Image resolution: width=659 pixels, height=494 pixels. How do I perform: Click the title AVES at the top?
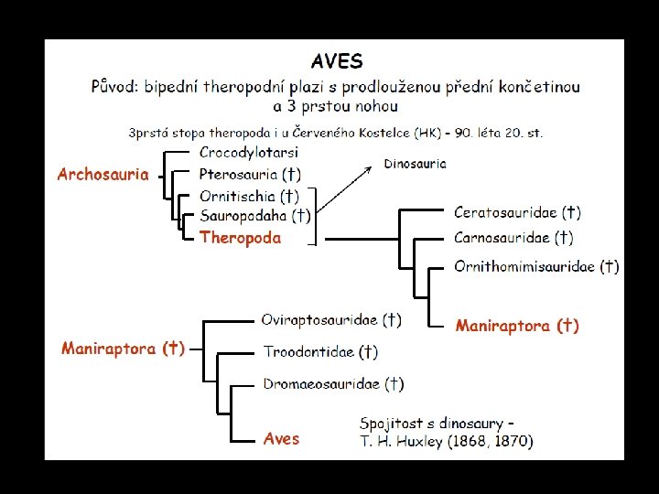[336, 62]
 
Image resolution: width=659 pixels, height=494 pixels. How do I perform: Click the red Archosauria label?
[103, 174]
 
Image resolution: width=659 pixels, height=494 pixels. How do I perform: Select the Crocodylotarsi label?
[249, 152]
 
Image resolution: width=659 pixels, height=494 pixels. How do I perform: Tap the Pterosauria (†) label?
[250, 174]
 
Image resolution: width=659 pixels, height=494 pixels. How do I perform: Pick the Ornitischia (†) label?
[249, 196]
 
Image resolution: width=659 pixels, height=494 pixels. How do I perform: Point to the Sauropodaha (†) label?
[254, 216]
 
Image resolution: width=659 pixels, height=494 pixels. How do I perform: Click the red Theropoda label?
[240, 238]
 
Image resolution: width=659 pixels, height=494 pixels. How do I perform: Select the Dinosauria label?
[416, 164]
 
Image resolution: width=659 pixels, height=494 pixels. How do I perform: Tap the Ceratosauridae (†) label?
[517, 213]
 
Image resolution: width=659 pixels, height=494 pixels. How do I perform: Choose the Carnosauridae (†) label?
[513, 238]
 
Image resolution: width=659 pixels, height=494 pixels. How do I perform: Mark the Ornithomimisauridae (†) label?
[536, 267]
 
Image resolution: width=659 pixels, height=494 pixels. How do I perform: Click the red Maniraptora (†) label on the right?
[517, 325]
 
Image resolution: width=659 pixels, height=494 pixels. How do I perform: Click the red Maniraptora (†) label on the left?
[123, 349]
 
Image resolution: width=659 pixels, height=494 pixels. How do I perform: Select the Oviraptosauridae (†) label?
[330, 320]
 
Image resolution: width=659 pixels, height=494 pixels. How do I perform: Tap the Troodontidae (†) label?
[320, 351]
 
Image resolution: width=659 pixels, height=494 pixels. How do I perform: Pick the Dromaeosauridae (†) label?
[333, 383]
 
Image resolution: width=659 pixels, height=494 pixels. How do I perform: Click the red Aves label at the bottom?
[281, 439]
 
